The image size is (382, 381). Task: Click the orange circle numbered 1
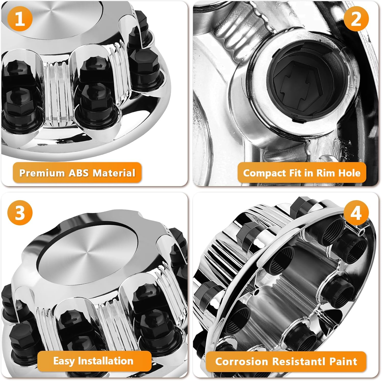coord(20,18)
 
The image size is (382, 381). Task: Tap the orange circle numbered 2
coord(356,18)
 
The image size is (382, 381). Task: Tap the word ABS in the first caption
coord(78,173)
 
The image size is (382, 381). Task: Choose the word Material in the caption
coord(114,173)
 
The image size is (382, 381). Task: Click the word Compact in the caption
coord(265,173)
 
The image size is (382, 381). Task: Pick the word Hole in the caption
coord(349,173)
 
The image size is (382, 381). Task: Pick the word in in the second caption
coord(308,173)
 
